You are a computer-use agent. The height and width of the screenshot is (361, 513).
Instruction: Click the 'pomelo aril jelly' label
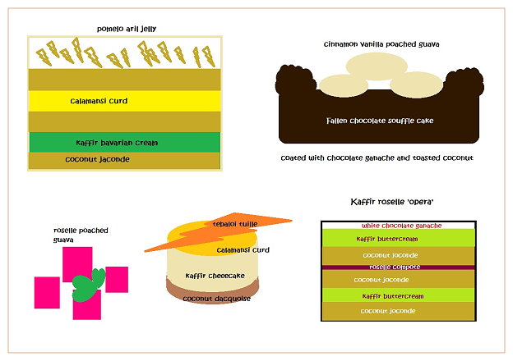click(x=126, y=29)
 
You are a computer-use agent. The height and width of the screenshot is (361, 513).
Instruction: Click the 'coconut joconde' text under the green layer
click(x=99, y=160)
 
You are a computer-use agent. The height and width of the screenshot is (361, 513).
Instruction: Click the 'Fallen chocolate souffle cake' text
click(x=379, y=121)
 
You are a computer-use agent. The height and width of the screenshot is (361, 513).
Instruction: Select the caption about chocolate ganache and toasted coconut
click(x=377, y=157)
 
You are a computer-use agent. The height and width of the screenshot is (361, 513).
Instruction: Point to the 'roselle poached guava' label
click(x=81, y=235)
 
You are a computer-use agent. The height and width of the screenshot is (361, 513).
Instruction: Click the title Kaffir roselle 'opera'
click(x=392, y=201)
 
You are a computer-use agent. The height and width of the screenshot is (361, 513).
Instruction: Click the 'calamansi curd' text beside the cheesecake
click(x=243, y=249)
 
